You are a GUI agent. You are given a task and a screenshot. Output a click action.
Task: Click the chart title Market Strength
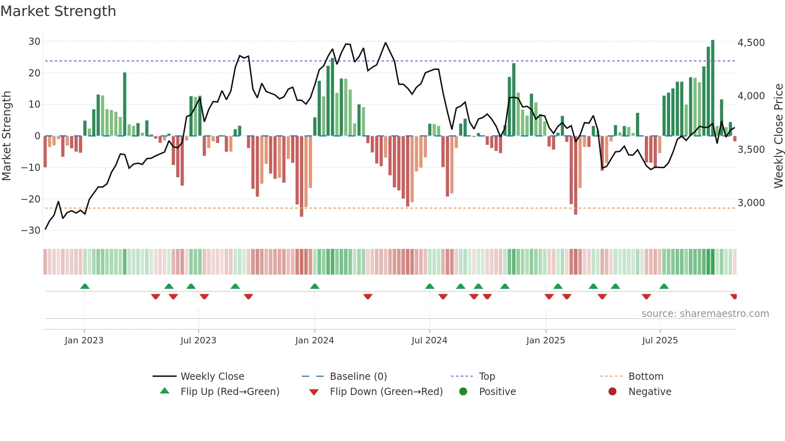click(58, 11)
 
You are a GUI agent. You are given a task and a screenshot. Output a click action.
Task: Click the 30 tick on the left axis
click(34, 42)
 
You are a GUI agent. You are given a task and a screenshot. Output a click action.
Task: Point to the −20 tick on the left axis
click(31, 199)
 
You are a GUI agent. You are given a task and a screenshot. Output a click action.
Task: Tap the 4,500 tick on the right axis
click(751, 43)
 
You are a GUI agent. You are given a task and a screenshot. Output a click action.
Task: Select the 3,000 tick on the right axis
click(751, 203)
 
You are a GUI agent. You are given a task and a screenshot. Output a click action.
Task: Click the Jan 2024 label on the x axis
click(314, 341)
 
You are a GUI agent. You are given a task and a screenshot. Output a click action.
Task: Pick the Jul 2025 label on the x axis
click(660, 341)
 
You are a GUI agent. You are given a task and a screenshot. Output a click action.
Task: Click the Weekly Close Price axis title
click(778, 136)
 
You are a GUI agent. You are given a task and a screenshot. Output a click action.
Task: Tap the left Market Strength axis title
click(7, 136)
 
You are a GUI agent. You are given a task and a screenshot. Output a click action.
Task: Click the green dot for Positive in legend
click(463, 392)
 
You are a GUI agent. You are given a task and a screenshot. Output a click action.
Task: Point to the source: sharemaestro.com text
click(705, 314)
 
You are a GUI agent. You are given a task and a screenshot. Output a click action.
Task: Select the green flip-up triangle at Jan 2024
click(315, 286)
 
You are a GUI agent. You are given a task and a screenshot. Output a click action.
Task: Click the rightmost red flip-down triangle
click(733, 297)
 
